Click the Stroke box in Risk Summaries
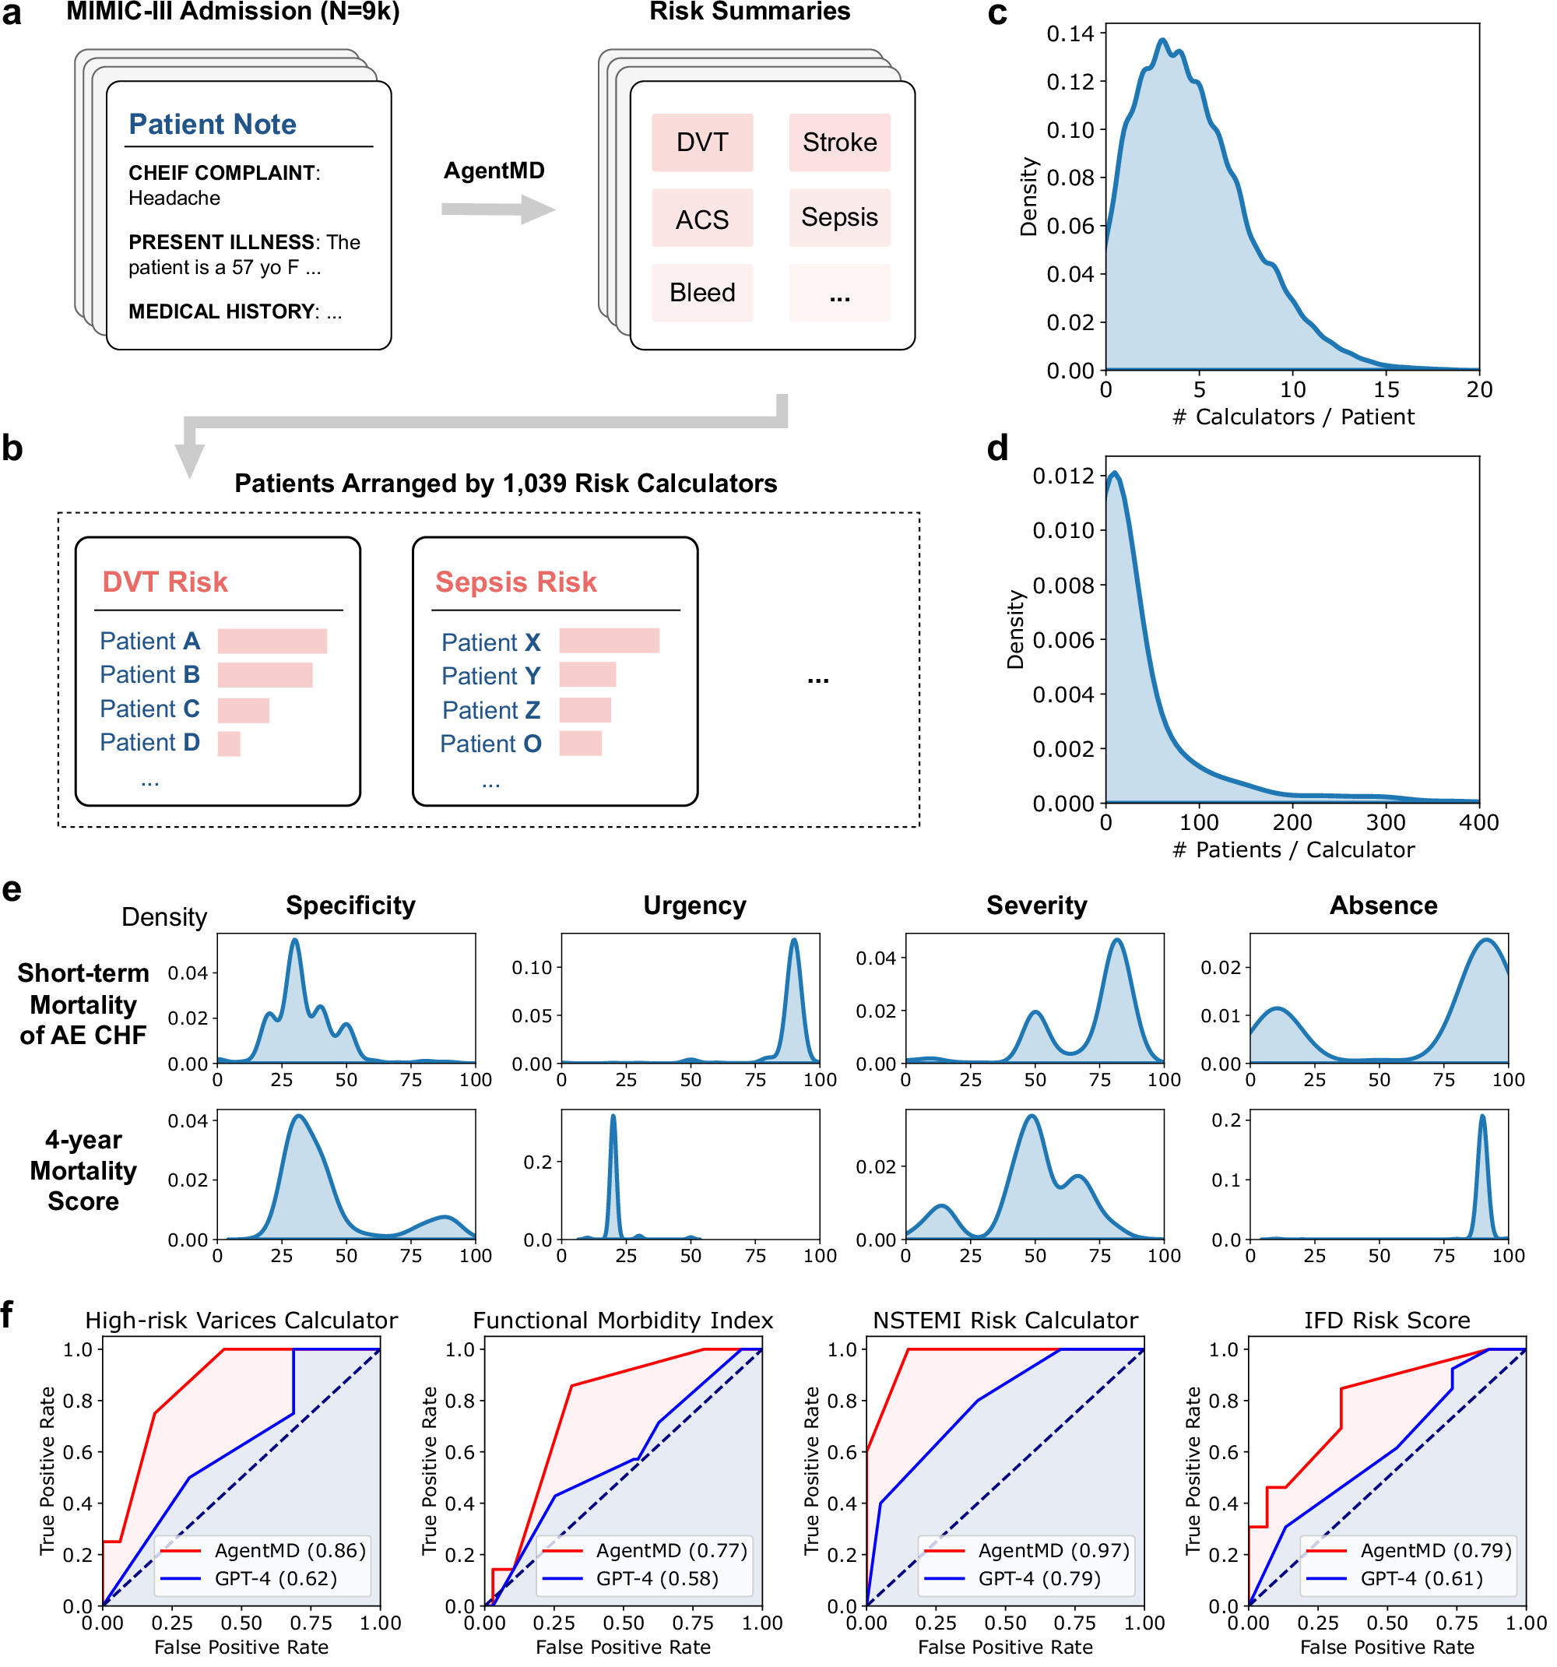pos(838,142)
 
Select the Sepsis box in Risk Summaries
pos(838,217)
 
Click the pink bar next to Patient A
pos(272,642)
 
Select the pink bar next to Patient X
pos(609,641)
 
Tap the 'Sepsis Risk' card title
pos(515,582)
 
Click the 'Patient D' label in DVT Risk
pos(149,743)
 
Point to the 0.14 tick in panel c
pos(1070,33)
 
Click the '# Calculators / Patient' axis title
pos(1292,417)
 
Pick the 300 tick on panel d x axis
pos(1385,822)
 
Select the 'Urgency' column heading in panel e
pos(694,906)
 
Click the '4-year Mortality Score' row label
pos(83,1170)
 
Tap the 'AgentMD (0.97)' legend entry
pos(1053,1550)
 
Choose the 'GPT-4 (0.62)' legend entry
pos(275,1579)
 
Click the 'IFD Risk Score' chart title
pos(1386,1321)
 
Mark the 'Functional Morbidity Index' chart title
pos(622,1321)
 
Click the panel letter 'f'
pos(8,1315)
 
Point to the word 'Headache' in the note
pos(174,199)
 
